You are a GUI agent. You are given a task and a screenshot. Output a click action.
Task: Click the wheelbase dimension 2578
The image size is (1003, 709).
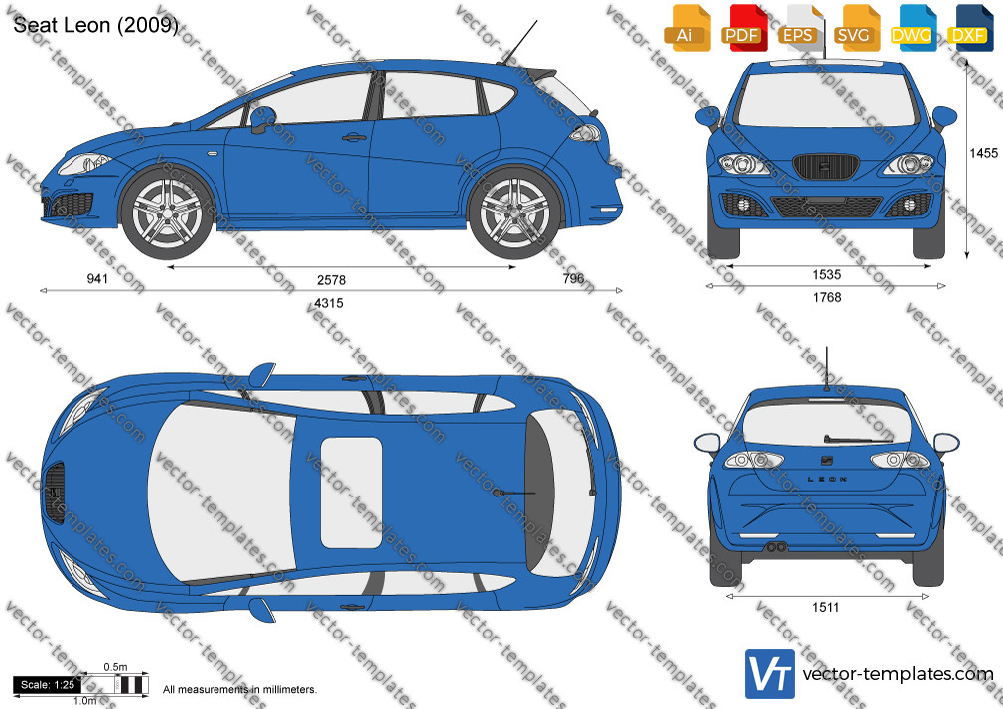[x=331, y=280]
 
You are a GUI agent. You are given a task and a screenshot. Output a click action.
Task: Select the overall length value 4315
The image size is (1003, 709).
[x=328, y=303]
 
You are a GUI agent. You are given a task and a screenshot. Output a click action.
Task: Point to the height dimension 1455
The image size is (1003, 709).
[x=983, y=153]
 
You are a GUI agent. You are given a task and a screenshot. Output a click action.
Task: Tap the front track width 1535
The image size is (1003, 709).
[x=826, y=274]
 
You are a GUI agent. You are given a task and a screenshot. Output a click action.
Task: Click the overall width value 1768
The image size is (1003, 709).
[x=827, y=297]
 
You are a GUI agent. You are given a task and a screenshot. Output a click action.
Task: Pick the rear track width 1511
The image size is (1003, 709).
[x=825, y=608]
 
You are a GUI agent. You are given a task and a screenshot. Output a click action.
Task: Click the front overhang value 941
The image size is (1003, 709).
[x=97, y=278]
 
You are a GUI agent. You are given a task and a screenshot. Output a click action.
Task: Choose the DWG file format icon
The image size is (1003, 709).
[x=913, y=28]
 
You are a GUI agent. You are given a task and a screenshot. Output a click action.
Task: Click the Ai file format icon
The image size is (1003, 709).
[x=686, y=28]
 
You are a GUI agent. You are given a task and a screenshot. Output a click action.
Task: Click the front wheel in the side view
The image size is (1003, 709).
[x=167, y=213]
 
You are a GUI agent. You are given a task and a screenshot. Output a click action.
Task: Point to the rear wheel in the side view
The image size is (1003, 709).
[x=515, y=213]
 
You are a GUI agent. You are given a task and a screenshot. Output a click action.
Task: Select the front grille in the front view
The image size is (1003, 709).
[x=824, y=167]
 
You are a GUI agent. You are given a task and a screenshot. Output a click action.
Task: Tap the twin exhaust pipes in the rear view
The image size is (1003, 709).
[x=776, y=547]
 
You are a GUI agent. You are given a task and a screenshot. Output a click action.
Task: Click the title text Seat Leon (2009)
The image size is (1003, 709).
[x=95, y=25]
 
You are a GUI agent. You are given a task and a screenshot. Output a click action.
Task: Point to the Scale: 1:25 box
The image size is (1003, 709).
[x=48, y=685]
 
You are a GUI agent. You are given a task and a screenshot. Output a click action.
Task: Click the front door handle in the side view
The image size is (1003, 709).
[x=354, y=137]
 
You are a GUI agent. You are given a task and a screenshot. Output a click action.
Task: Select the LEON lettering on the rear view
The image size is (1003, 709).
[x=828, y=480]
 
